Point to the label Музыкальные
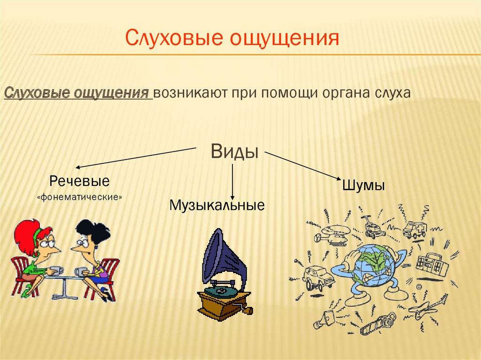pyautogui.click(x=217, y=206)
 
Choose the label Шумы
pyautogui.click(x=365, y=185)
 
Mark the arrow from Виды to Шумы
pyautogui.click(x=303, y=165)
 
